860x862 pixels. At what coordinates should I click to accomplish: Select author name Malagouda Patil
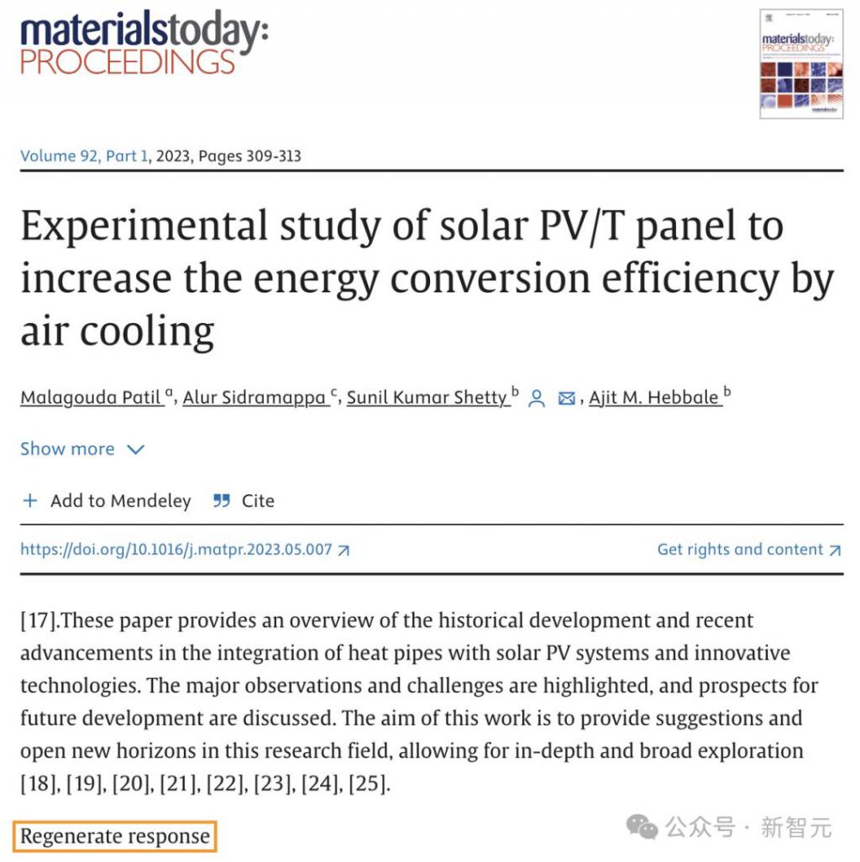(91, 397)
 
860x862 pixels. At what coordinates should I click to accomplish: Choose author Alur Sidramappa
(255, 397)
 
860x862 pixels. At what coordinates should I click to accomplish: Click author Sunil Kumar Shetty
(427, 397)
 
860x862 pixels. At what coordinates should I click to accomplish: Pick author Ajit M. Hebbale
(654, 397)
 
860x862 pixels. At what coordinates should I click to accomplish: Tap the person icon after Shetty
(537, 399)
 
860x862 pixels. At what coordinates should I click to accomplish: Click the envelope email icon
(567, 399)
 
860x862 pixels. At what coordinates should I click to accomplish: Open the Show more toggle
(82, 449)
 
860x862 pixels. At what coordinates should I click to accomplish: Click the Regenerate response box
(115, 837)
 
